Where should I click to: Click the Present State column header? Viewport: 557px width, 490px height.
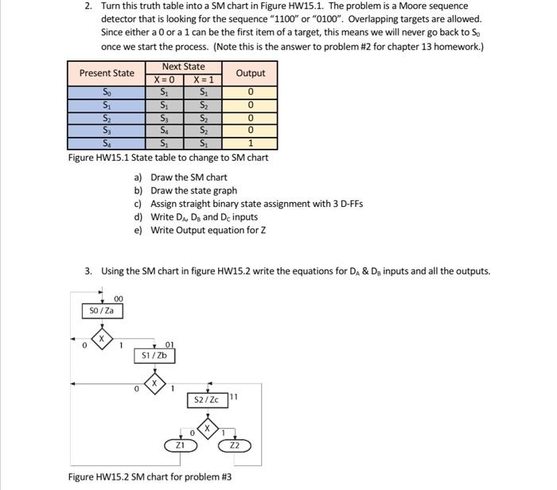(x=107, y=73)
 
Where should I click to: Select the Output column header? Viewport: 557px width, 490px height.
(x=251, y=73)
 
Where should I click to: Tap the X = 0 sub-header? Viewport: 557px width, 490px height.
(x=164, y=80)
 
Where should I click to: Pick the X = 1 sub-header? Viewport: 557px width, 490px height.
(x=203, y=80)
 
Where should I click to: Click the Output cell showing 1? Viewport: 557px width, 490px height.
(x=251, y=144)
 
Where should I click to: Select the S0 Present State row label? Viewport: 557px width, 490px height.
(x=107, y=93)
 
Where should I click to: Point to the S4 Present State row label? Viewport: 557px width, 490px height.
(x=107, y=144)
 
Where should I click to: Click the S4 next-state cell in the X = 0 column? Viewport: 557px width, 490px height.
(x=164, y=131)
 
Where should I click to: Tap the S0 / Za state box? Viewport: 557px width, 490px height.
(x=103, y=310)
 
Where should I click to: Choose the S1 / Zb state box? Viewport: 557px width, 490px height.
(x=154, y=356)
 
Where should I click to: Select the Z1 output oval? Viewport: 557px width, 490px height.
(x=180, y=446)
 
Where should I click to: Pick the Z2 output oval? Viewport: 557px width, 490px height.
(x=235, y=446)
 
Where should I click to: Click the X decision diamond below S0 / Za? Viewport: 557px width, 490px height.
(x=101, y=340)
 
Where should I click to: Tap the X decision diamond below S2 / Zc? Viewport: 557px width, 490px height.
(x=208, y=430)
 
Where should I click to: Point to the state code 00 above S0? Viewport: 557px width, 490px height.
(x=118, y=298)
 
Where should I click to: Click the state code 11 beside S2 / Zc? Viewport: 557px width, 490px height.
(x=233, y=396)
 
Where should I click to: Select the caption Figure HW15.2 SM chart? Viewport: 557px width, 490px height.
(x=150, y=477)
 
